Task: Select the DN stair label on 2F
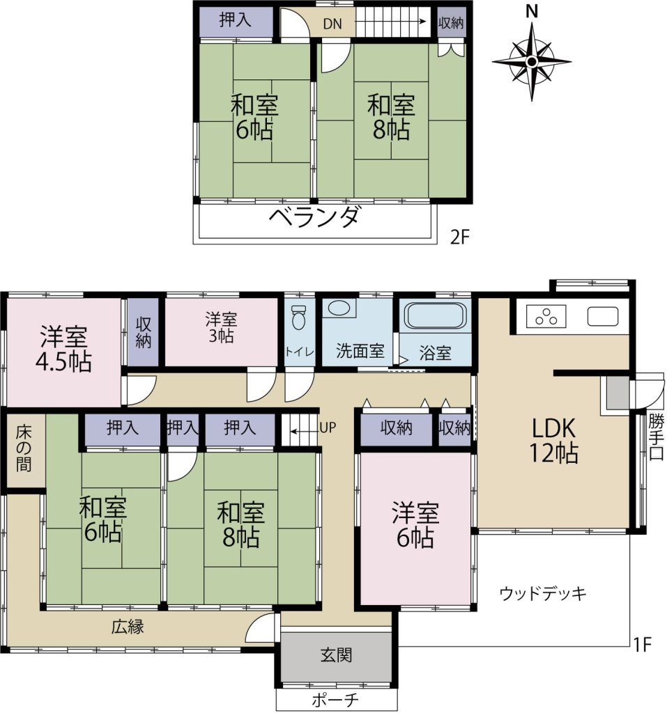[332, 23]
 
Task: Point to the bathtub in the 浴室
[436, 318]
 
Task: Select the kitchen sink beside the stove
[602, 316]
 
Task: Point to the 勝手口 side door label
[655, 437]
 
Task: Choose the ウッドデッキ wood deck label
[543, 594]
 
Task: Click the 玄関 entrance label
[336, 655]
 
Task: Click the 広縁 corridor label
[128, 627]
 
